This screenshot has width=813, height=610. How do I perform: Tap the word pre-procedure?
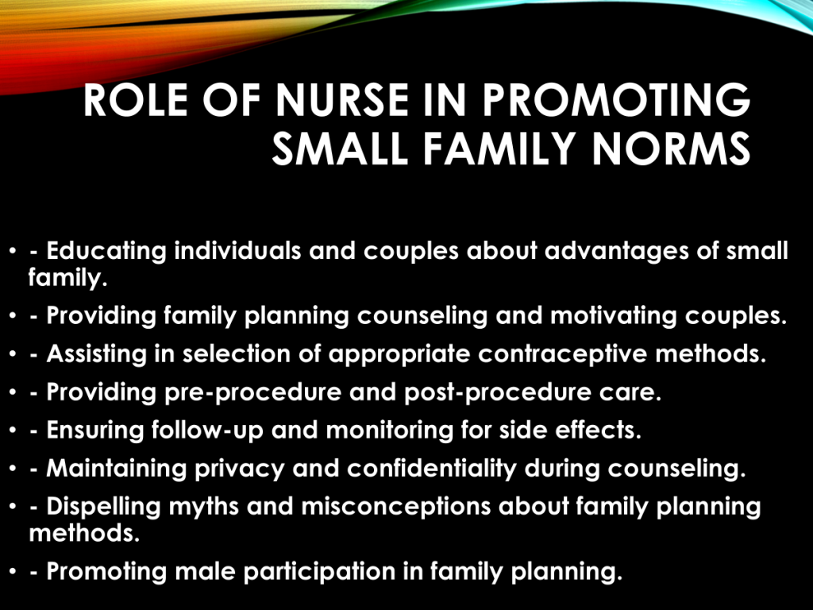tap(253, 392)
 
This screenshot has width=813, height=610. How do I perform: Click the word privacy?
tap(240, 469)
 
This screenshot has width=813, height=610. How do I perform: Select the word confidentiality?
tap(432, 469)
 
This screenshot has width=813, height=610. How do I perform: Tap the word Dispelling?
tap(104, 507)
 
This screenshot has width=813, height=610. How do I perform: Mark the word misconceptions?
tap(396, 507)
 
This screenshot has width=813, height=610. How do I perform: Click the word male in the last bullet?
tap(206, 571)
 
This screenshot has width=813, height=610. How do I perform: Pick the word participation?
tap(319, 572)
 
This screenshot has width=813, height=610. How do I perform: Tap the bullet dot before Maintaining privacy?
tap(13, 469)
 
